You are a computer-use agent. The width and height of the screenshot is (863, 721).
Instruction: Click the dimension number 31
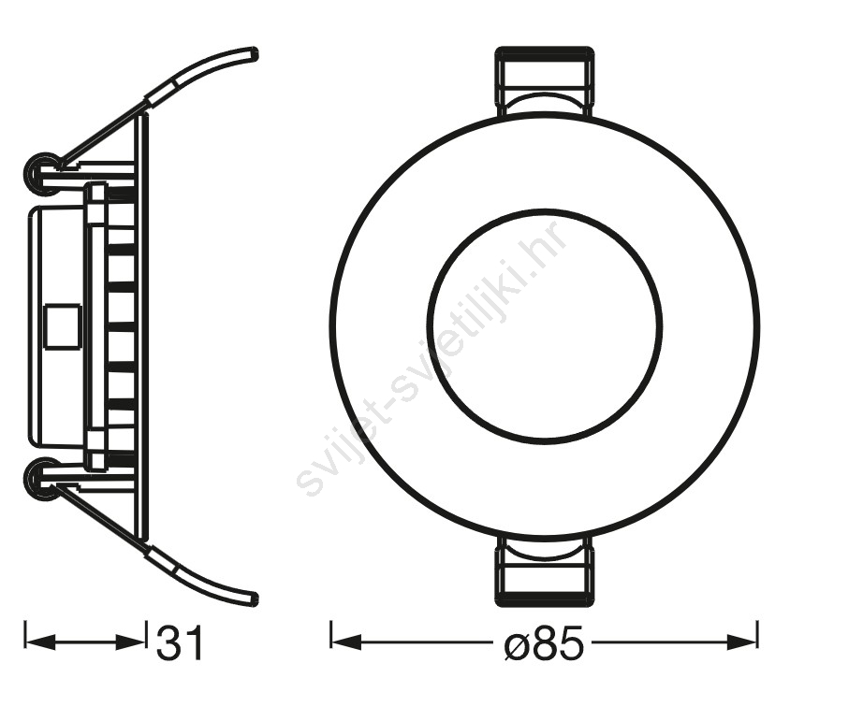(x=180, y=642)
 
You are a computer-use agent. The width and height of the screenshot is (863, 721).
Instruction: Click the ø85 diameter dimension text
(x=543, y=642)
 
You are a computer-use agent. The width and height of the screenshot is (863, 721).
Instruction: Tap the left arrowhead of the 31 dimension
(x=41, y=642)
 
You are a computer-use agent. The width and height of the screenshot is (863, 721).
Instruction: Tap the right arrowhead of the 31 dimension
(x=130, y=642)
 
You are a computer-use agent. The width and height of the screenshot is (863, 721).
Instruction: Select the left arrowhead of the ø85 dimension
(x=345, y=642)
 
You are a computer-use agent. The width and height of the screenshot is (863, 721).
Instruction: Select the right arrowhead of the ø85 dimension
(x=742, y=642)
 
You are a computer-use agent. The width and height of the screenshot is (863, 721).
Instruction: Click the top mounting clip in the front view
(x=545, y=82)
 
